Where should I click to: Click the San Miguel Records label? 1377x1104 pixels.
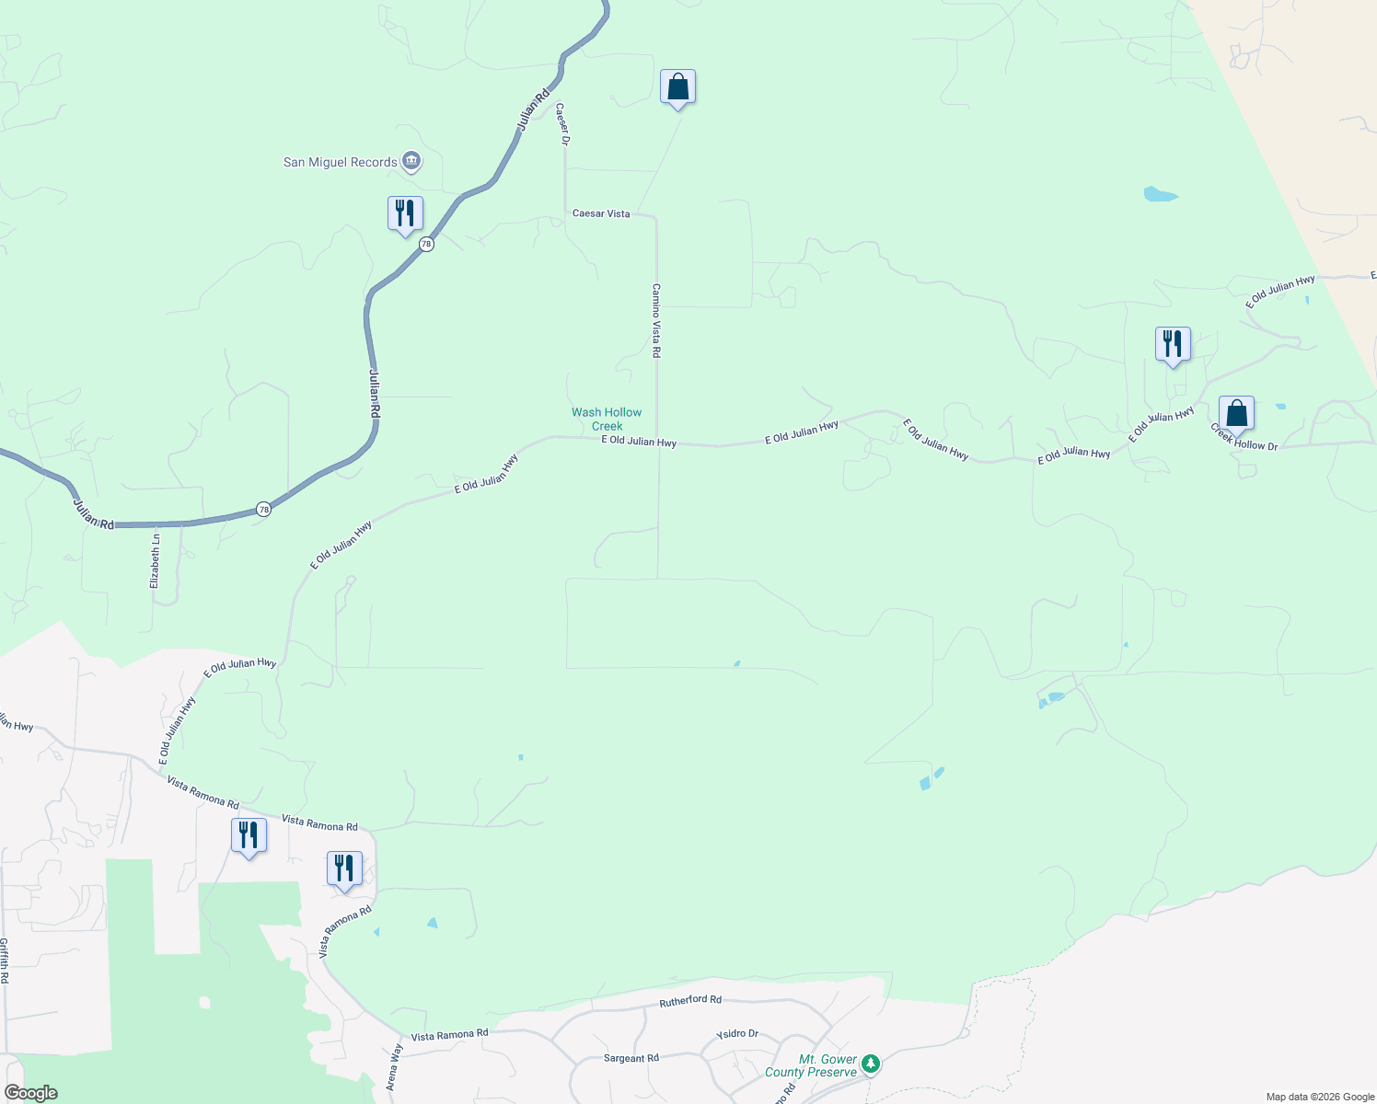(340, 163)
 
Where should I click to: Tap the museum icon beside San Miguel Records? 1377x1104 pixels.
(411, 162)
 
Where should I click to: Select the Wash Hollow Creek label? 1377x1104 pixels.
(607, 420)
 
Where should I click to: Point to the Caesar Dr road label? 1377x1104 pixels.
(562, 123)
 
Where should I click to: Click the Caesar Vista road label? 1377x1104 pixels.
(601, 213)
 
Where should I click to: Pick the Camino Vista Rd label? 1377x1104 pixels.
(656, 320)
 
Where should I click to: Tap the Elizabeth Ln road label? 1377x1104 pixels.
(155, 560)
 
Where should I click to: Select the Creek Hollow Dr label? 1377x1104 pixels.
(1244, 438)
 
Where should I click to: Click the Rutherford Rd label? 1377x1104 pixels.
(690, 1000)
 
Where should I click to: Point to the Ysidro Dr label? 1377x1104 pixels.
(737, 1034)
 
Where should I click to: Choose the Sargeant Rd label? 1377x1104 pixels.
(631, 1058)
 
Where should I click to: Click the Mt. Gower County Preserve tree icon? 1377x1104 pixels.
(870, 1064)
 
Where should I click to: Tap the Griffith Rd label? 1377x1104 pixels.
(5, 961)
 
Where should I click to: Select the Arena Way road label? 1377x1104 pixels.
(395, 1067)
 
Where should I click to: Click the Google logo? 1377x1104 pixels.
(30, 1093)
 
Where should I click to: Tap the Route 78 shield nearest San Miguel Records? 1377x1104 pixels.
(425, 244)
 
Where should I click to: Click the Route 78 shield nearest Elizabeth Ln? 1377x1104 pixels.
(263, 509)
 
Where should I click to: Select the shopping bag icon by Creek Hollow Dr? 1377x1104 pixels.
(1236, 413)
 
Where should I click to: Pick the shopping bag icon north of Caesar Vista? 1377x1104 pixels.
(677, 87)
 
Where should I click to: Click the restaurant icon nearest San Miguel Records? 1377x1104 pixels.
(405, 213)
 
